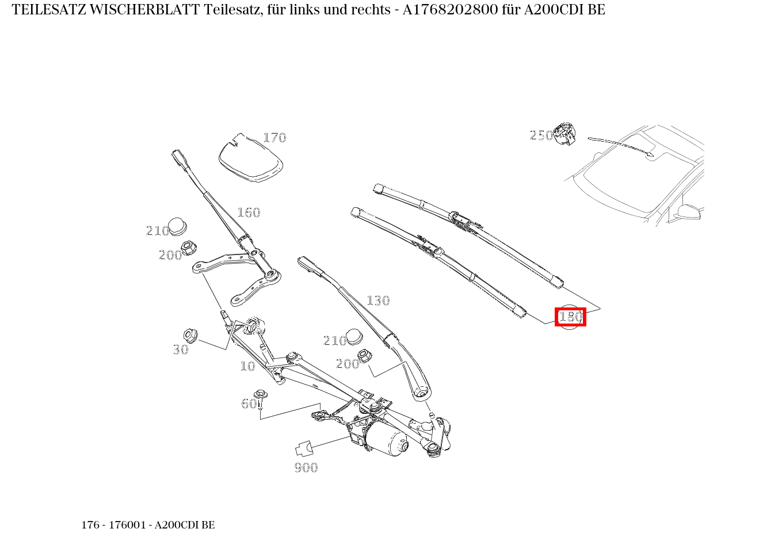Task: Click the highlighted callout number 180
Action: (x=570, y=317)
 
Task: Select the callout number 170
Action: (x=274, y=138)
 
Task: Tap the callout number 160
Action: (x=249, y=212)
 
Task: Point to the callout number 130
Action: (x=378, y=301)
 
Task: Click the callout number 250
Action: (x=541, y=135)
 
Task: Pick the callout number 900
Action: (x=306, y=467)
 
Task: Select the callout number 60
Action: (x=249, y=404)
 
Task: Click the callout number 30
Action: (x=181, y=349)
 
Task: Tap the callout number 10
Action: (x=247, y=366)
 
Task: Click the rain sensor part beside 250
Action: (x=565, y=134)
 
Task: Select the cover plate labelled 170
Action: (x=251, y=158)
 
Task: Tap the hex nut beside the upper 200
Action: (x=189, y=249)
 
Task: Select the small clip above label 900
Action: (x=303, y=448)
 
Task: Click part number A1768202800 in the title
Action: (x=448, y=10)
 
